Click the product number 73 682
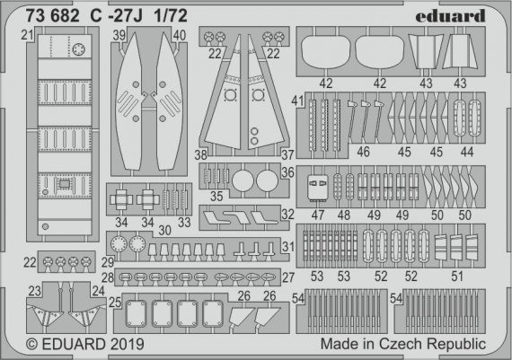(x=36, y=15)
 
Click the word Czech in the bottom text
(x=403, y=343)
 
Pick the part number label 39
(x=119, y=35)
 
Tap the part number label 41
(x=297, y=104)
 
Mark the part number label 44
(x=464, y=154)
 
